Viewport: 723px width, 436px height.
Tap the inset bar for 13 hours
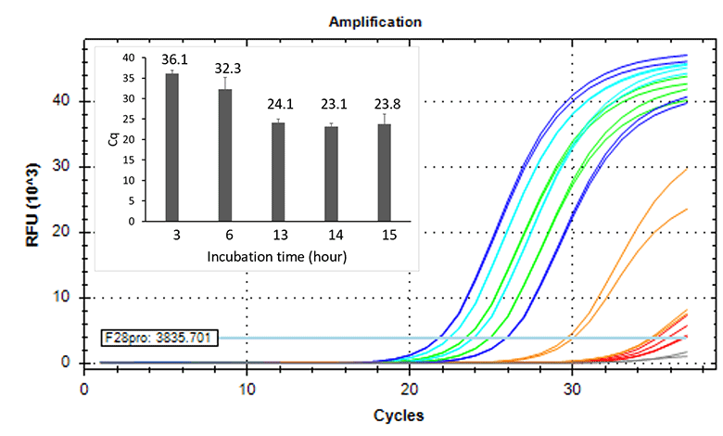click(x=277, y=173)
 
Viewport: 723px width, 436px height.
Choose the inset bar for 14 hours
click(x=331, y=174)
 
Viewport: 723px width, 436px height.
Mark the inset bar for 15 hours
click(x=384, y=173)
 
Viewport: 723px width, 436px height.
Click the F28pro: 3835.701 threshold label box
click(x=159, y=338)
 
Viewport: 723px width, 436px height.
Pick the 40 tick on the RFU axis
click(x=62, y=101)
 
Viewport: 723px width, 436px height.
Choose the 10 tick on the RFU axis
click(x=62, y=298)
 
